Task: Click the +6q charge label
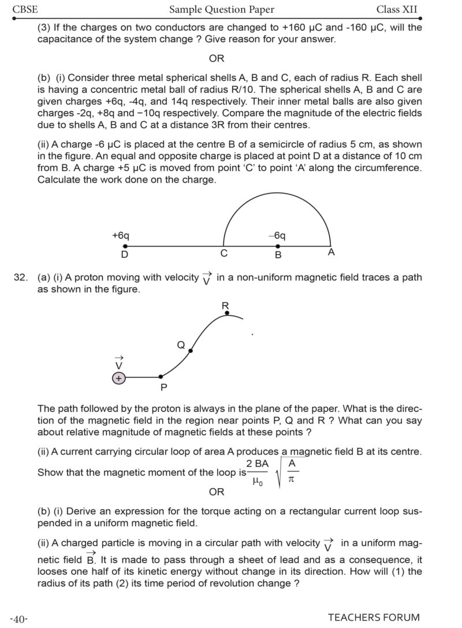click(121, 236)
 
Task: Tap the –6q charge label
click(277, 236)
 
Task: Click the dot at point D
click(124, 246)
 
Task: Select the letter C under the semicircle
click(224, 254)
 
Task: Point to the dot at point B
click(278, 246)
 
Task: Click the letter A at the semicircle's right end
click(331, 252)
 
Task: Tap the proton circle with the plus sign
click(119, 378)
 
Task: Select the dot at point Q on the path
click(191, 350)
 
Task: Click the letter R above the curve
click(225, 305)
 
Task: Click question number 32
click(21, 278)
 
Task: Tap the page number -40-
click(19, 619)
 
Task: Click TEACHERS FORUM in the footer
click(374, 618)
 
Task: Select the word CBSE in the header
click(25, 9)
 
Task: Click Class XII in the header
click(397, 9)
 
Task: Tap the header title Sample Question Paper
click(222, 9)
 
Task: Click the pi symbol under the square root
click(291, 479)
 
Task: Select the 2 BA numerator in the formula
click(258, 464)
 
